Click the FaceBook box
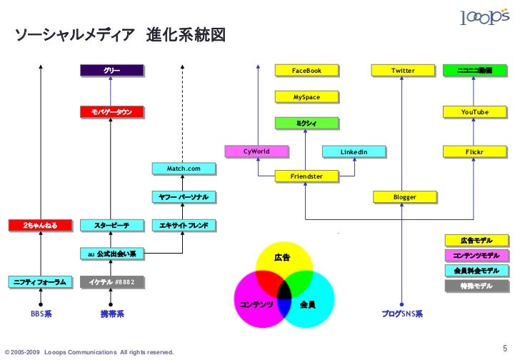point(306,71)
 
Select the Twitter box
point(403,71)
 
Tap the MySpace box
point(306,96)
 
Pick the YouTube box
point(474,112)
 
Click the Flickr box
point(474,152)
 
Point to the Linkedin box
point(353,152)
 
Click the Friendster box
point(306,176)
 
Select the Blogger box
point(404,196)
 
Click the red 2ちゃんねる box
point(40,226)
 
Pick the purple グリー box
point(111,71)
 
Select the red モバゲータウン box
point(111,112)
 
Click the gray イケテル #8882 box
point(111,282)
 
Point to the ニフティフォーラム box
point(40,282)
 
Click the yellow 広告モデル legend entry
point(476,241)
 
